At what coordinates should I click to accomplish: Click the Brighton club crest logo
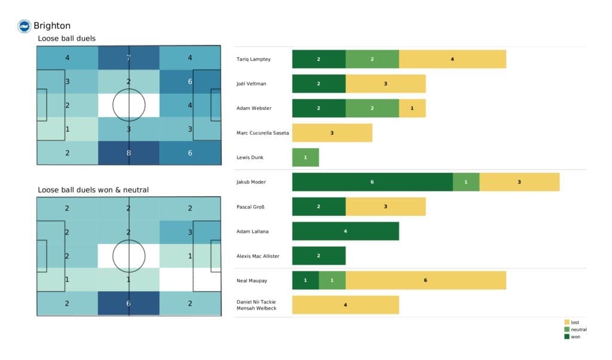coord(24,26)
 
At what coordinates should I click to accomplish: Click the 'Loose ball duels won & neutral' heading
coord(93,190)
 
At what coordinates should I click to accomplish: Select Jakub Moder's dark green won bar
coord(372,182)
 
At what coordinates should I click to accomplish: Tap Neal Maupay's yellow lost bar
coord(426,280)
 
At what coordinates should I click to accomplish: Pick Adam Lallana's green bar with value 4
coord(345,231)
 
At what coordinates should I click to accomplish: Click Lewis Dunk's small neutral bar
coord(305,157)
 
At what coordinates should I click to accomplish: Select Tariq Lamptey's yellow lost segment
coord(452,59)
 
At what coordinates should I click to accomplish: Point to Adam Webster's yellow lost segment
coord(412,108)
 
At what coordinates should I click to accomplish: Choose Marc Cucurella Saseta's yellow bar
coord(332,133)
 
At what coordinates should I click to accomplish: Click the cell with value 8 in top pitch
coord(129,152)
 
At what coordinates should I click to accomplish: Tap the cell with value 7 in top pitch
coord(129,58)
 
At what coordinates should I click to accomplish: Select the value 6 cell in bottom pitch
coord(129,303)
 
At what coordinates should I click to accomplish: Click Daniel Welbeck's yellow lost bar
coord(345,304)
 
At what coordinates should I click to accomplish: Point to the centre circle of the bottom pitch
coord(129,256)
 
